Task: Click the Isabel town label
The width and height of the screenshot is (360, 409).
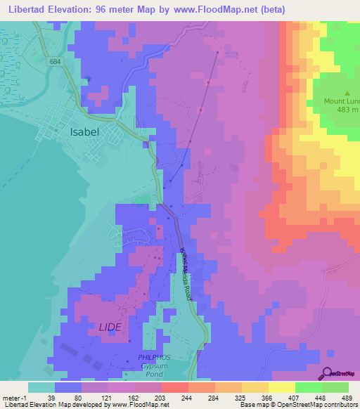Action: click(x=84, y=131)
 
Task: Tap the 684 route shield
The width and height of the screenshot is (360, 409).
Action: click(x=55, y=63)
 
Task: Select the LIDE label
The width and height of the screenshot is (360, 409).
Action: click(x=110, y=327)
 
